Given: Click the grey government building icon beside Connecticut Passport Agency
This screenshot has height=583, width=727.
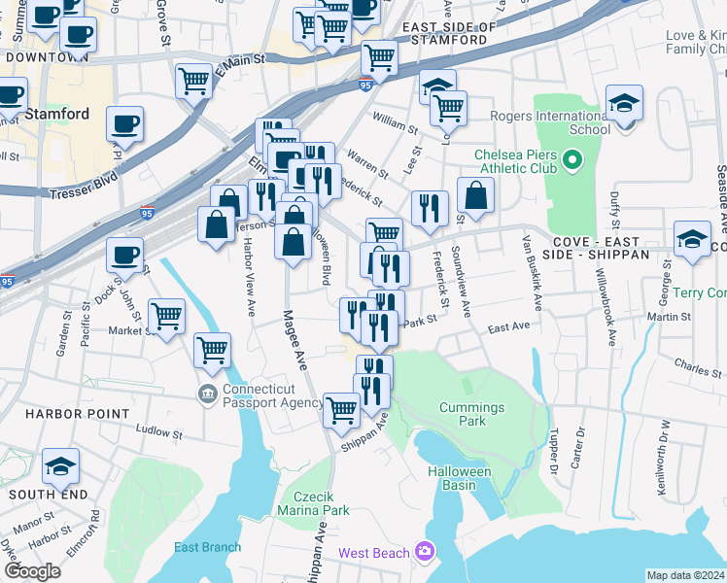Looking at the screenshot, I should [x=207, y=394].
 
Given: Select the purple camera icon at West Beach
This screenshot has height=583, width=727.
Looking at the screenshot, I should [x=424, y=552].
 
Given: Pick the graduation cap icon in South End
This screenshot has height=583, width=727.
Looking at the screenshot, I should [x=60, y=467].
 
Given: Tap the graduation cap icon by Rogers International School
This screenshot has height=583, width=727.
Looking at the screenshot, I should [x=623, y=102].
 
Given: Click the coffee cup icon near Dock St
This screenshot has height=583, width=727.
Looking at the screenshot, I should [x=124, y=255].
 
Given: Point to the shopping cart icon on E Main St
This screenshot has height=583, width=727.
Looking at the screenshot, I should [x=194, y=81].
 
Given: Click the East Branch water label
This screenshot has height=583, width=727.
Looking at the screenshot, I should [x=207, y=547].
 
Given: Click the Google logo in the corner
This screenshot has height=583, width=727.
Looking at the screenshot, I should [x=32, y=571].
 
